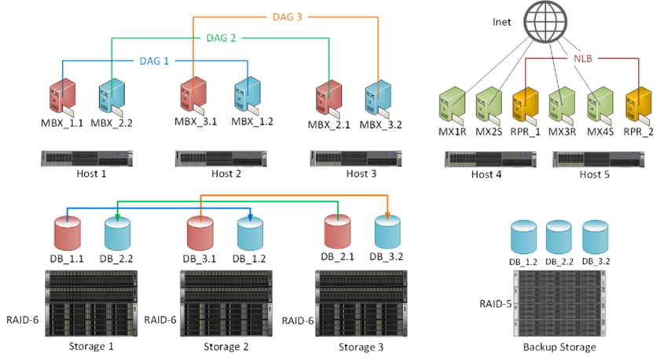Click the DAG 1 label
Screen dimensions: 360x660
click(154, 61)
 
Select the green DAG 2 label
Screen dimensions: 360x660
click(221, 37)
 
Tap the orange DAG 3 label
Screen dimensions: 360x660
click(288, 17)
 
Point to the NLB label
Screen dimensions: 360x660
click(582, 57)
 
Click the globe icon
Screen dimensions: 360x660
click(544, 21)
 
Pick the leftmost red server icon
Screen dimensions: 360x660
click(61, 97)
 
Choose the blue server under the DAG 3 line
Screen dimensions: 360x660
click(377, 98)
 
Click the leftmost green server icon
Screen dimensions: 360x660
click(453, 105)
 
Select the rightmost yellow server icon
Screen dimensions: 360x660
click(637, 105)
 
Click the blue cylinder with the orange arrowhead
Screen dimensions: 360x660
click(387, 231)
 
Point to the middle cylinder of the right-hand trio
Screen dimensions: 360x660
click(559, 236)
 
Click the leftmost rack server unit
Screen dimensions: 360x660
click(86, 158)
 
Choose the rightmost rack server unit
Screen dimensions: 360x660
click(598, 159)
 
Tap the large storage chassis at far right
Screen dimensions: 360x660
click(559, 303)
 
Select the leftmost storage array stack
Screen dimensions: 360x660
click(91, 303)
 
